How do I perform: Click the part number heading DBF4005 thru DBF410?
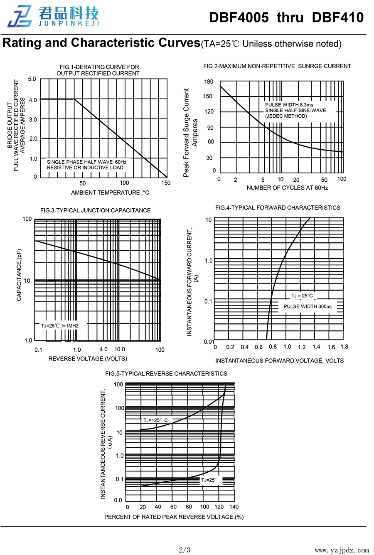click(286, 17)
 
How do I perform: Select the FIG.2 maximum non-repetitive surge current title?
click(277, 66)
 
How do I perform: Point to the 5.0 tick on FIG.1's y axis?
click(32, 79)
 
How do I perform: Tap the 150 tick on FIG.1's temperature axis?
click(166, 183)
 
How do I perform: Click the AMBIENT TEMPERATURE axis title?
click(110, 192)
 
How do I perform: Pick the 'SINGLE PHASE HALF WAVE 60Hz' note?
click(86, 162)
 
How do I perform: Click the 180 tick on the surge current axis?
click(209, 82)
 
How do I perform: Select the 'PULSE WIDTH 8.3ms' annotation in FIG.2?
click(289, 105)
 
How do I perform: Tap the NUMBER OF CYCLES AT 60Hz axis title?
click(287, 188)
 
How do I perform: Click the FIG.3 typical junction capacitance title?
click(96, 210)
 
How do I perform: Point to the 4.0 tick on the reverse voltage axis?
click(103, 350)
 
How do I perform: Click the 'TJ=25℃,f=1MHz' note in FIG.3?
click(59, 326)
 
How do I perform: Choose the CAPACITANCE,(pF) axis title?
click(19, 275)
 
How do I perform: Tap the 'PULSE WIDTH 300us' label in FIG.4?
click(308, 306)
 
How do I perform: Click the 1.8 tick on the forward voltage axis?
click(344, 347)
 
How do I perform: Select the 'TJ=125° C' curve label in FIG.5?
click(155, 420)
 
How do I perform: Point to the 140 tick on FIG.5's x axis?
click(234, 507)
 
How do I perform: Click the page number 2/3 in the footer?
click(185, 550)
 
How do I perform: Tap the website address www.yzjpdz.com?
click(342, 550)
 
